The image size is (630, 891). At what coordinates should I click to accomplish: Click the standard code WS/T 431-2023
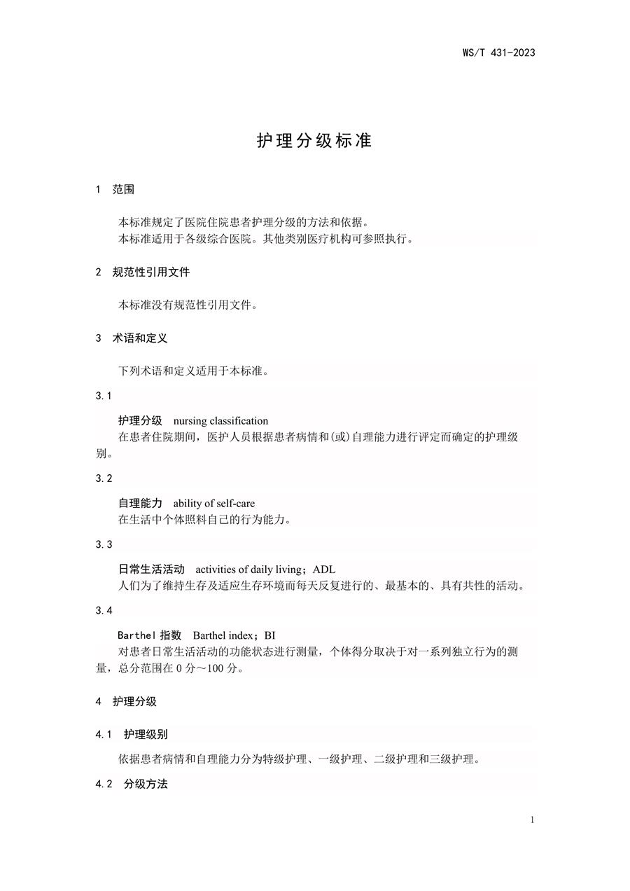498,53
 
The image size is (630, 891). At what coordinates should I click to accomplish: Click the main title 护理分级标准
314,140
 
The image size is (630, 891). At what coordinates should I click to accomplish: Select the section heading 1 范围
115,190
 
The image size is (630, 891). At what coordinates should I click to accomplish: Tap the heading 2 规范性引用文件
142,272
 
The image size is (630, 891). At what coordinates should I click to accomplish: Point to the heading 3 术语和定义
132,338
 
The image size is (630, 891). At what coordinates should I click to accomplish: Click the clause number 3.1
104,396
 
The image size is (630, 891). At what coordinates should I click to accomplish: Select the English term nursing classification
220,421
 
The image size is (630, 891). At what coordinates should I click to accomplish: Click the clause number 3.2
104,478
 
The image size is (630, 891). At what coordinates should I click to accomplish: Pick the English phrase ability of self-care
213,504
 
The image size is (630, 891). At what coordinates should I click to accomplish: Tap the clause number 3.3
104,544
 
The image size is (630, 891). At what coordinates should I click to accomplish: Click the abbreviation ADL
324,569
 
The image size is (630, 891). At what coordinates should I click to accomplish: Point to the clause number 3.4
104,610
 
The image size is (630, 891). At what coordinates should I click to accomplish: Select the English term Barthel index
223,635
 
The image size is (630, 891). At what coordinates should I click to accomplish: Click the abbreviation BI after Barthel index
270,635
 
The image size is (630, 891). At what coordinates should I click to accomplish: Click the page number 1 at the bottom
533,820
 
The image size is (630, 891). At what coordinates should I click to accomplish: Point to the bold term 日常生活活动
151,569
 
